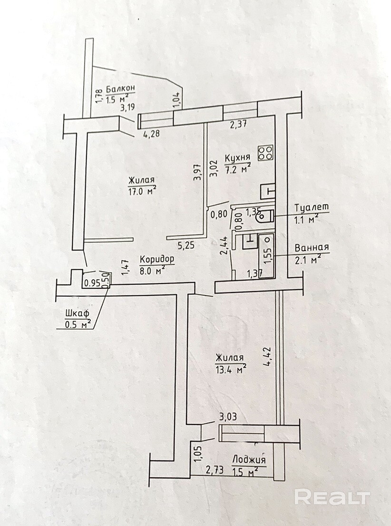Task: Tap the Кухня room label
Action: (x=237, y=158)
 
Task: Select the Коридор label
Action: (x=157, y=259)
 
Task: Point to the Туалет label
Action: (x=312, y=208)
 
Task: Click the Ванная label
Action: (x=312, y=248)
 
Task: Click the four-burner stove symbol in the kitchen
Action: (x=266, y=153)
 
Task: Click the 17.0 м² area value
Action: (x=142, y=191)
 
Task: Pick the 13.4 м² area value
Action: (x=231, y=369)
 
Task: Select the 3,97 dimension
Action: (x=197, y=172)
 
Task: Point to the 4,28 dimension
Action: (x=151, y=134)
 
